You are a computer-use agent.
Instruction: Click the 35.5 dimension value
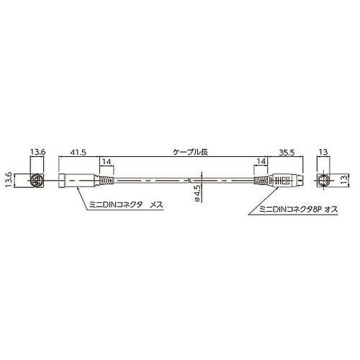[287, 153]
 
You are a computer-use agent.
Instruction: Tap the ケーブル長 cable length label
[190, 152]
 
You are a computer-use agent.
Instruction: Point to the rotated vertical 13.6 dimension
[9, 180]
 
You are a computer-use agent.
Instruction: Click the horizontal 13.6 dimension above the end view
[37, 152]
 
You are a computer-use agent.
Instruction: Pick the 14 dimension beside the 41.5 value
[107, 162]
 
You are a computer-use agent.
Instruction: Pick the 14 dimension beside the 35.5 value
[261, 161]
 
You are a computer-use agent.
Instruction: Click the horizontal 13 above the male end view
[323, 152]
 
